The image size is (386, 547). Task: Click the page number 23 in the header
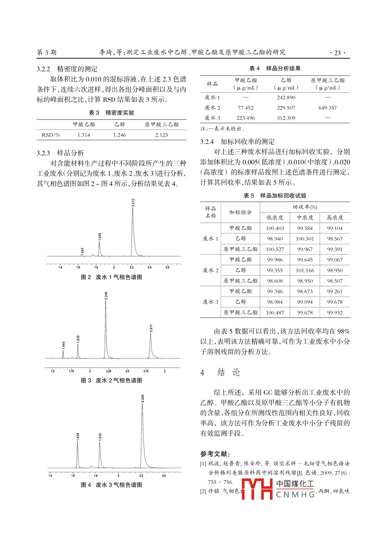point(337,53)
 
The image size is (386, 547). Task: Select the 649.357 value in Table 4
point(327,108)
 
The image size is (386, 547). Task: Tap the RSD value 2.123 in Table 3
point(161,135)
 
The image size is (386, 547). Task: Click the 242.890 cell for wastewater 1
point(286,97)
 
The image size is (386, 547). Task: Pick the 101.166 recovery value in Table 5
point(305,270)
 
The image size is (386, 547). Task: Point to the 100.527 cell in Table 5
point(275,249)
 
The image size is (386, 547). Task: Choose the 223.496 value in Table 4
point(245,118)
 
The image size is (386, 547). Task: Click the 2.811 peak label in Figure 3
point(151,328)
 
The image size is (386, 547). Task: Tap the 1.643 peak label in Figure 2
point(83,251)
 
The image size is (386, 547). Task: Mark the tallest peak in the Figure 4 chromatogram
point(142,404)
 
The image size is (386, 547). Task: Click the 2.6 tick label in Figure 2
point(167,267)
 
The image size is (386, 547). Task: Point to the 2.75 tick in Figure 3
point(146,371)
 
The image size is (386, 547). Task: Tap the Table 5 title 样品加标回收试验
point(283,196)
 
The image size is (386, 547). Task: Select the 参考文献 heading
point(215,454)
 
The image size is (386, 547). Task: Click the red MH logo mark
point(257,489)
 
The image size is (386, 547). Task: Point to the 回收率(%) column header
point(305,207)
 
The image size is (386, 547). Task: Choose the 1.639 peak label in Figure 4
point(78,436)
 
